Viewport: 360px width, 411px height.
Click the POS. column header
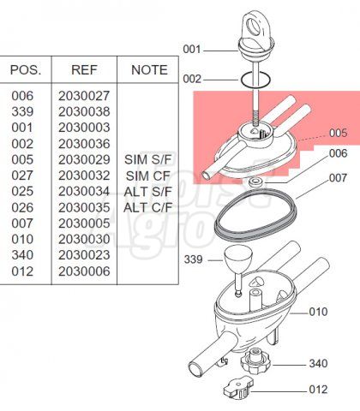[26, 70]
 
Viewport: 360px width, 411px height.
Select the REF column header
[84, 70]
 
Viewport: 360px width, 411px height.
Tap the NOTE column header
[149, 70]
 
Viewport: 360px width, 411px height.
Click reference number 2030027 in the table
[84, 96]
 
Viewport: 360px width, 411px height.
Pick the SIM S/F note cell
[148, 159]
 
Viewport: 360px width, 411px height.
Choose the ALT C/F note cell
[148, 207]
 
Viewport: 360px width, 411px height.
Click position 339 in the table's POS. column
[22, 111]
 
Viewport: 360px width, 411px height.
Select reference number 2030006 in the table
[84, 271]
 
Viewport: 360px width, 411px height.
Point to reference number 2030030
[84, 239]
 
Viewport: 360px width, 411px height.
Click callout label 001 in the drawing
[192, 50]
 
